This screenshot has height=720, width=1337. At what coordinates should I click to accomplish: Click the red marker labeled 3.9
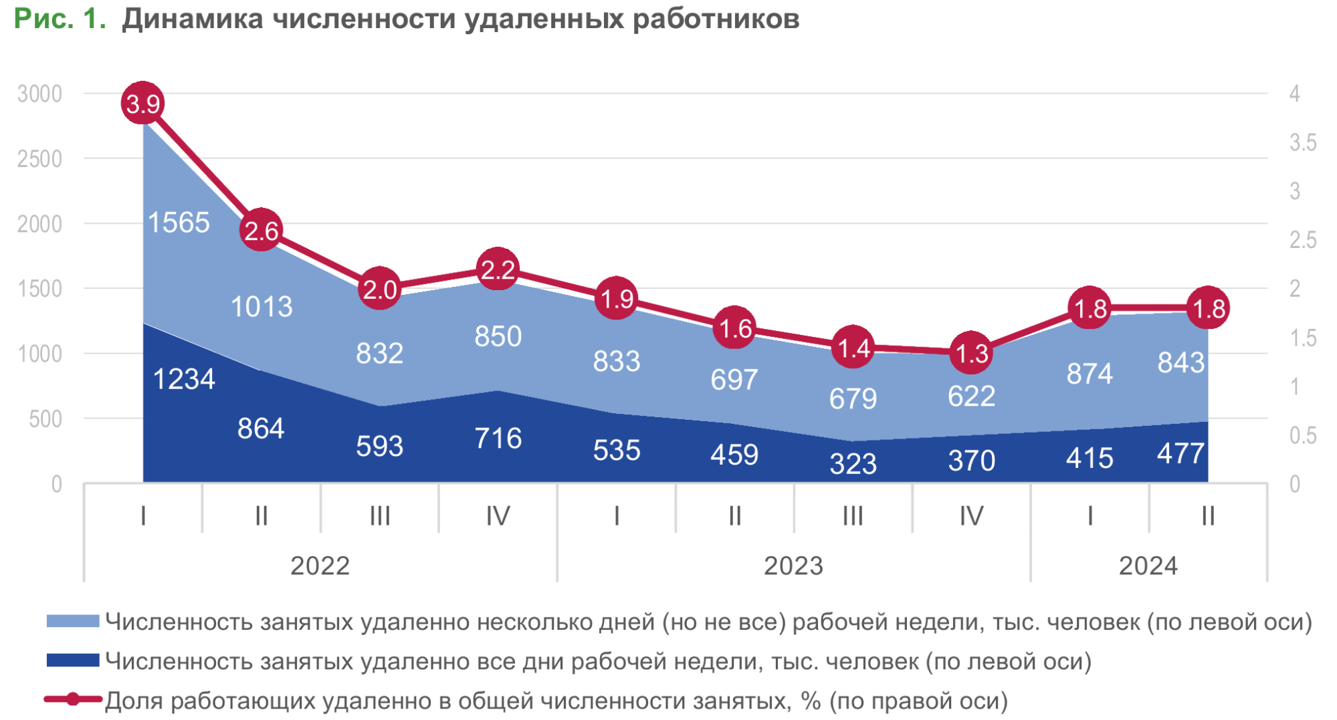click(142, 103)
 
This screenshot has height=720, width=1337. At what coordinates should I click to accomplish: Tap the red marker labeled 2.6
click(261, 230)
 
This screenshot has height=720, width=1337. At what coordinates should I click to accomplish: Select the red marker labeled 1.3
click(971, 352)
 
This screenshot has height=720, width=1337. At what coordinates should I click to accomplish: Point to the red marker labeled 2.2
click(498, 269)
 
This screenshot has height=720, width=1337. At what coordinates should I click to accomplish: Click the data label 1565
click(179, 223)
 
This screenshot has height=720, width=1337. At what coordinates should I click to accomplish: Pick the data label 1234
click(184, 379)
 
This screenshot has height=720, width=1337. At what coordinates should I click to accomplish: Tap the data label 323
click(853, 463)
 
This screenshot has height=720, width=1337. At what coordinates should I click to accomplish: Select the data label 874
click(1090, 373)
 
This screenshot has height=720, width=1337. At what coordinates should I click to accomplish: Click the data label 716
click(498, 439)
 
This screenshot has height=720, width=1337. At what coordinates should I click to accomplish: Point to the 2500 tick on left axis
click(39, 159)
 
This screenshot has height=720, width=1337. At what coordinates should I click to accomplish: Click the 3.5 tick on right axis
click(1302, 142)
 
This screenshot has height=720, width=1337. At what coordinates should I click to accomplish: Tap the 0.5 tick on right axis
click(1302, 435)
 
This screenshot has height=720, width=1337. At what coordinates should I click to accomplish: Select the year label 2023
click(793, 566)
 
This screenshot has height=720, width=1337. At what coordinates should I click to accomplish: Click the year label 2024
click(1148, 566)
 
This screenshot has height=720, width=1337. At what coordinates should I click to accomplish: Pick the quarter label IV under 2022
click(498, 515)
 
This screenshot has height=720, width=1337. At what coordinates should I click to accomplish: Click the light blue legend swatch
click(73, 622)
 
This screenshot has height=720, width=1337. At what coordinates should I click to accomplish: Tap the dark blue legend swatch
click(73, 661)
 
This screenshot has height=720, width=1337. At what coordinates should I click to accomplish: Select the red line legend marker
click(73, 699)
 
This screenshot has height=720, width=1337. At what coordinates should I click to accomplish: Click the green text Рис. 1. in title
click(60, 19)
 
